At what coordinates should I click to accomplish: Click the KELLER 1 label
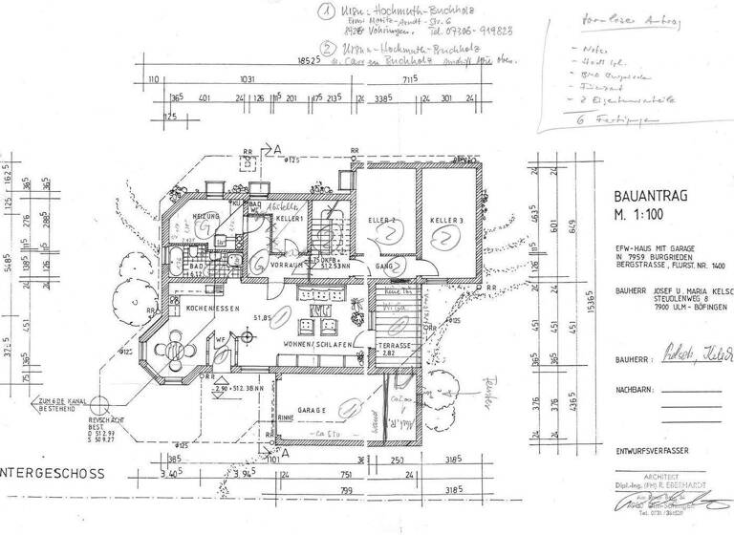[x=290, y=219]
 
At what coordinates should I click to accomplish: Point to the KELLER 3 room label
[x=446, y=221]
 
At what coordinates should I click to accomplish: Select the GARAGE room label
[x=305, y=408]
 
